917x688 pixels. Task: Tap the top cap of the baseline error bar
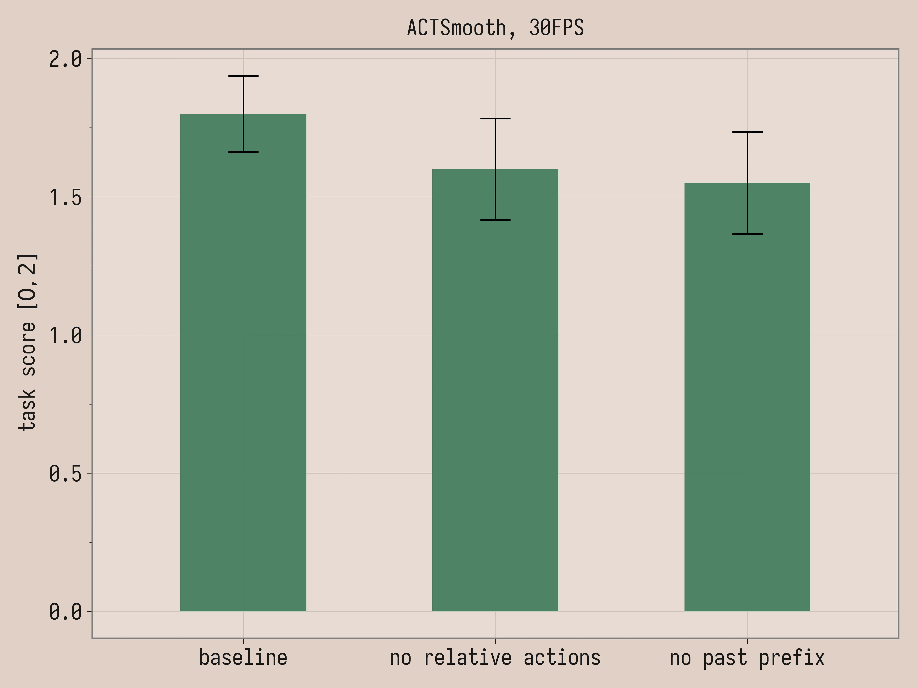point(243,76)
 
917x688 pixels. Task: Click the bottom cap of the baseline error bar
point(243,152)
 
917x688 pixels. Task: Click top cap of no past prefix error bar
point(747,132)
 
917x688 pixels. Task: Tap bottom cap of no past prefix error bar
point(747,234)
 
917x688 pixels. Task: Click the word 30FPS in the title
point(556,28)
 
